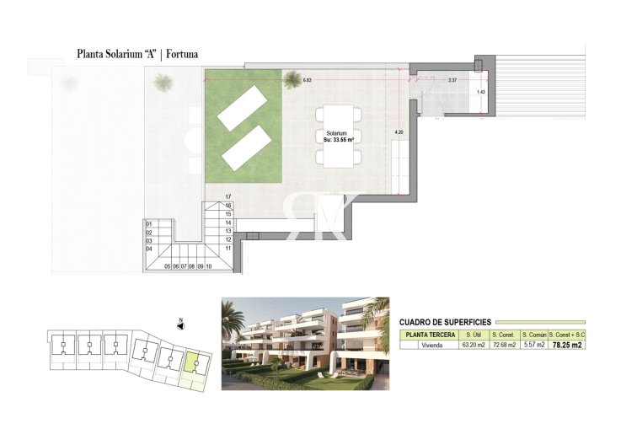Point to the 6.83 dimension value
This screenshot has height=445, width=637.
pyautogui.click(x=307, y=80)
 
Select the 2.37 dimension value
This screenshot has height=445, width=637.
pyautogui.click(x=452, y=80)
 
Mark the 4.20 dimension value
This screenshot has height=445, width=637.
pyautogui.click(x=399, y=132)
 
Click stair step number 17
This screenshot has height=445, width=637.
pyautogui.click(x=227, y=196)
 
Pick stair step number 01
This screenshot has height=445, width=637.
pyautogui.click(x=149, y=223)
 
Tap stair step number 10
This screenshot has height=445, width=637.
pyautogui.click(x=208, y=265)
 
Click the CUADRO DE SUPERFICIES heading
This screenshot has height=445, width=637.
pyautogui.click(x=445, y=322)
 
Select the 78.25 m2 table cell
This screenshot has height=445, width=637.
pyautogui.click(x=566, y=345)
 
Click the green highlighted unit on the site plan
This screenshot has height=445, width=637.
pyautogui.click(x=192, y=364)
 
